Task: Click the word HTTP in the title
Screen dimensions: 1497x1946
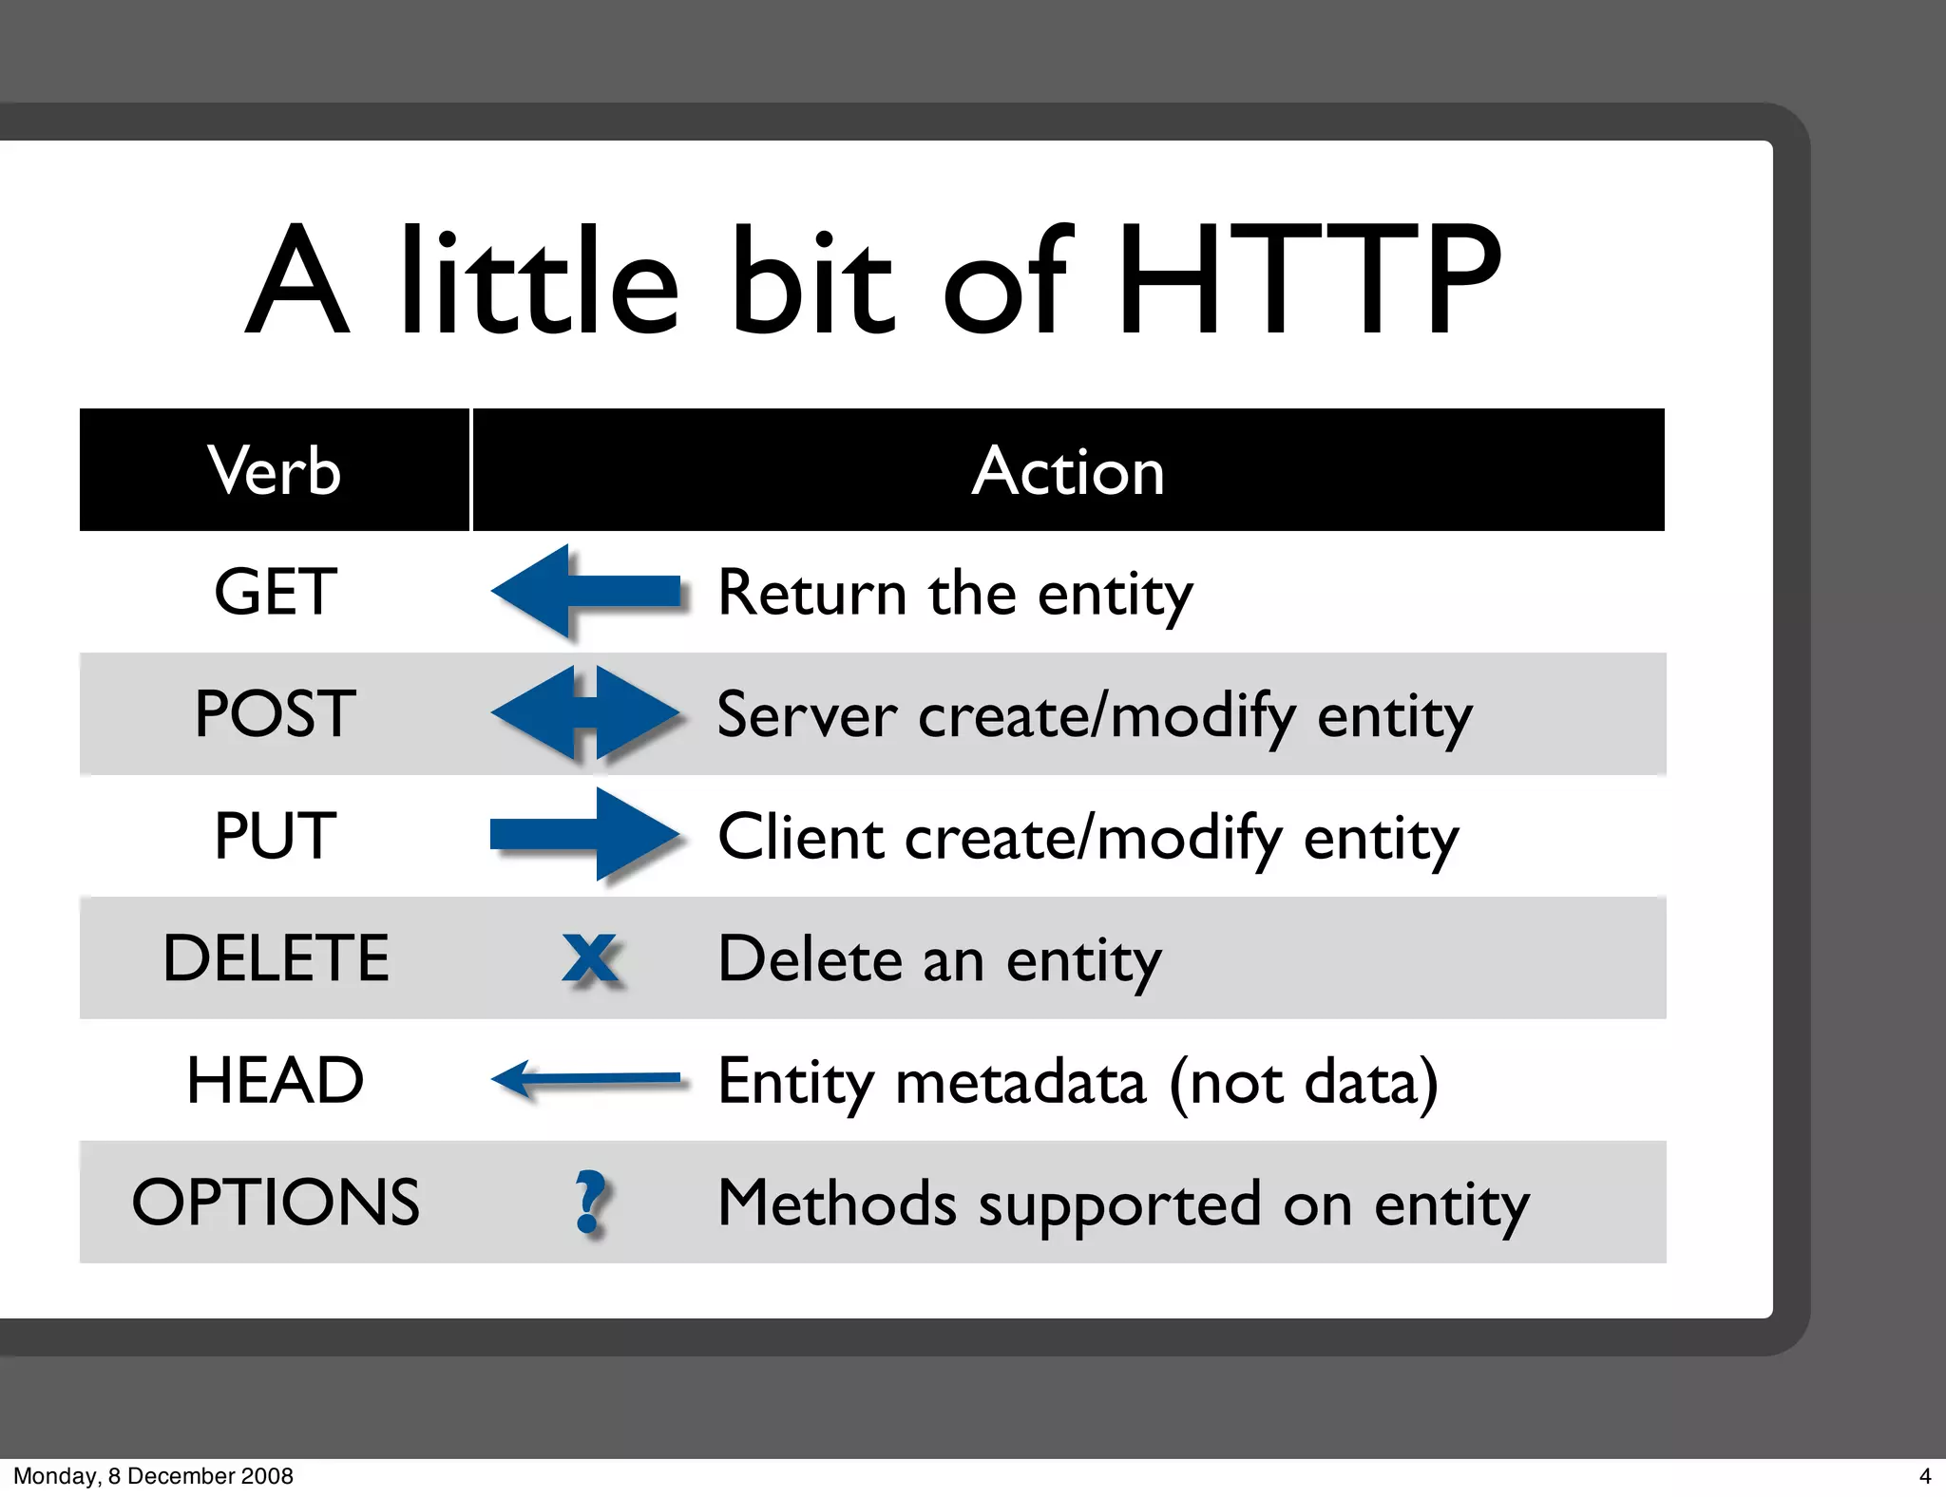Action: click(1308, 280)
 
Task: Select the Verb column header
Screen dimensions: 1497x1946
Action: click(275, 470)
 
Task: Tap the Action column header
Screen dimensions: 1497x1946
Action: click(1068, 470)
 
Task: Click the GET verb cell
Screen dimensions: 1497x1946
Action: click(276, 592)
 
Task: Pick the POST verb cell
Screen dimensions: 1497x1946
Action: click(276, 713)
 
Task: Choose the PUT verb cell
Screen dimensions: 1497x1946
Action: click(276, 836)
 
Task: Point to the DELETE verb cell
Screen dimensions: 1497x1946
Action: click(276, 957)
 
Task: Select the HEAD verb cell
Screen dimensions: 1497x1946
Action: click(276, 1080)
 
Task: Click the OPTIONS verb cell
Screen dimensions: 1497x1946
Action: click(276, 1202)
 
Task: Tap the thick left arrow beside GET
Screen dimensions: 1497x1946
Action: click(585, 592)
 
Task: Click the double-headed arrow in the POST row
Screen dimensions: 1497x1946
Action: click(585, 713)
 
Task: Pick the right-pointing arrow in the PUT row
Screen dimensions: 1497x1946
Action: click(585, 835)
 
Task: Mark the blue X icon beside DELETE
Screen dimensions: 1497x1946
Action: click(590, 958)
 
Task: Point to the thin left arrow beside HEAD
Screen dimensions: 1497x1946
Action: click(585, 1079)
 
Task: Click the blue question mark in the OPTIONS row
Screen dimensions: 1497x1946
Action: click(590, 1202)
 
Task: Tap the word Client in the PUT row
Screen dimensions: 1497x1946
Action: click(801, 837)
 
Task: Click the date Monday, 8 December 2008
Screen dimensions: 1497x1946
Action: click(153, 1476)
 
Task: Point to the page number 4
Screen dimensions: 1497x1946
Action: click(1925, 1476)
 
